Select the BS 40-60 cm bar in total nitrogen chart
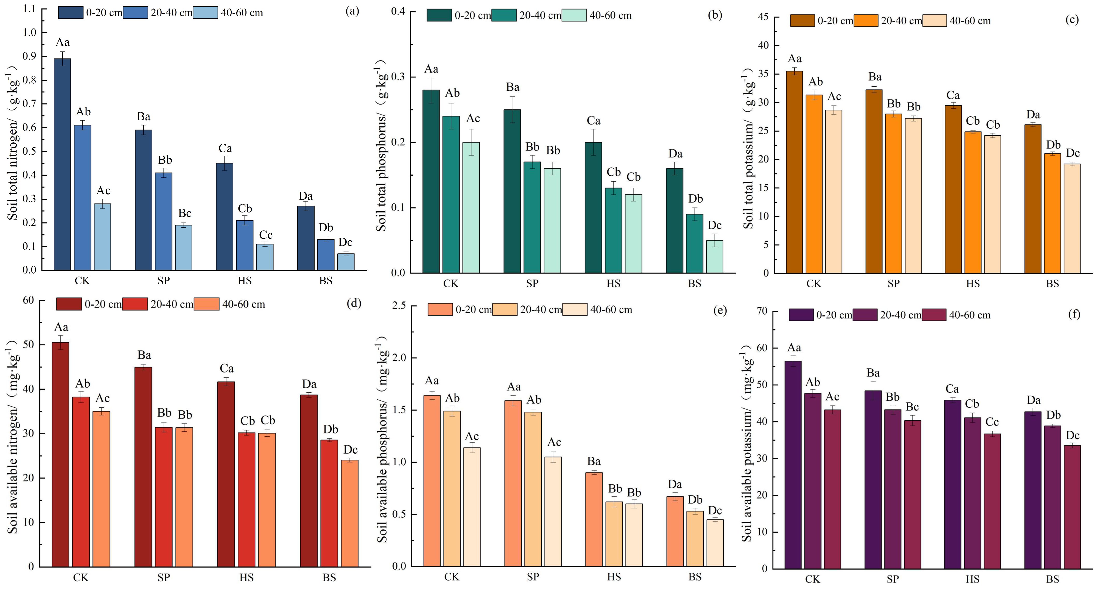(x=346, y=262)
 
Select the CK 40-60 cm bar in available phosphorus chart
(x=472, y=507)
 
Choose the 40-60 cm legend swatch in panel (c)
(x=935, y=20)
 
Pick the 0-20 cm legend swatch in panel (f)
(x=801, y=315)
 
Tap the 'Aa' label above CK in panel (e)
(x=432, y=381)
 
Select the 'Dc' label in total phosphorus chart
(x=715, y=226)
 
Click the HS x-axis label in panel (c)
(x=973, y=284)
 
